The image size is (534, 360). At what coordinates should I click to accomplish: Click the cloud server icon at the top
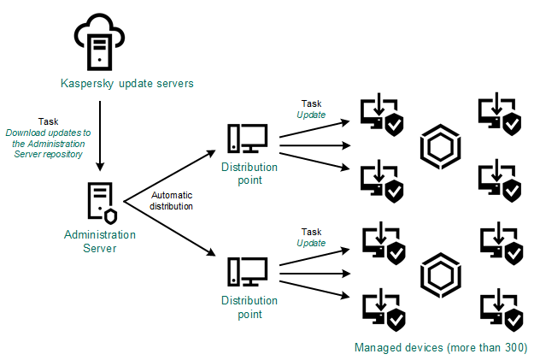[101, 42]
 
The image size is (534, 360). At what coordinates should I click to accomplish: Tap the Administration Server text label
[101, 240]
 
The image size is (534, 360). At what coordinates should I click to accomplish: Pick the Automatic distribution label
[172, 200]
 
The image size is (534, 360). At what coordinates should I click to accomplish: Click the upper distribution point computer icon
[247, 138]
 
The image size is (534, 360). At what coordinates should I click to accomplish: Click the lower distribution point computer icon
[247, 273]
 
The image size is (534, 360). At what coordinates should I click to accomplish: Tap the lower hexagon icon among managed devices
[440, 275]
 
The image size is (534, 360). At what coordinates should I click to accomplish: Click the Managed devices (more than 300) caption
[440, 348]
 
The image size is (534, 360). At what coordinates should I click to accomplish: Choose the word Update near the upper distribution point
[311, 114]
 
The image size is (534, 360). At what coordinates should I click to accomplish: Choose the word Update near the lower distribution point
[311, 243]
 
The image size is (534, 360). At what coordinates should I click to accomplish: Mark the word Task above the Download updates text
[49, 121]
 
